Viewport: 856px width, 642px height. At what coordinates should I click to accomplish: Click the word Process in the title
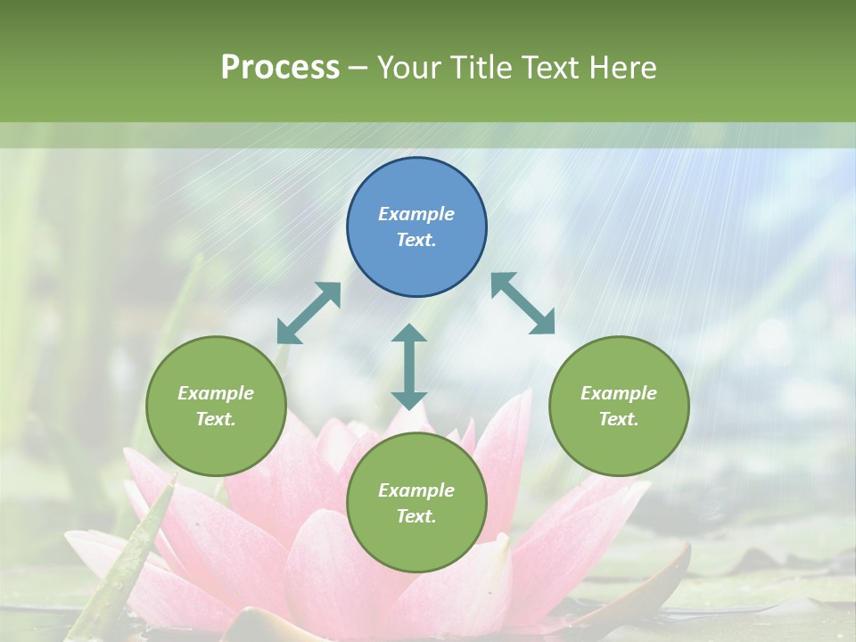(x=280, y=68)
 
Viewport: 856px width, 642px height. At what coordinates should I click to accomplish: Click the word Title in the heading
(x=481, y=68)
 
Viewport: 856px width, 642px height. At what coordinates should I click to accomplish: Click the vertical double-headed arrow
(x=409, y=366)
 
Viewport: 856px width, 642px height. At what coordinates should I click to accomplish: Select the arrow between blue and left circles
(x=309, y=313)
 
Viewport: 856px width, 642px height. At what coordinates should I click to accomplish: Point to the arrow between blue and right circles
(x=523, y=303)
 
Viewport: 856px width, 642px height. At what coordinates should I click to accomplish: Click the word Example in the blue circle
(x=416, y=214)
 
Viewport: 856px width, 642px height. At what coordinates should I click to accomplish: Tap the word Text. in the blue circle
(x=416, y=240)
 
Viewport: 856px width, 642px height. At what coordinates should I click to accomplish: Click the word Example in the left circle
(x=216, y=393)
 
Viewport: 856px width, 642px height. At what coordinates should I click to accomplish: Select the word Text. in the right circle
(x=619, y=419)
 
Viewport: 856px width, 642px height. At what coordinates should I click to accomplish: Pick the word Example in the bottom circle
(x=416, y=490)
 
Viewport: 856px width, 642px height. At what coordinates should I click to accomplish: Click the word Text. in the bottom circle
(x=416, y=516)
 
